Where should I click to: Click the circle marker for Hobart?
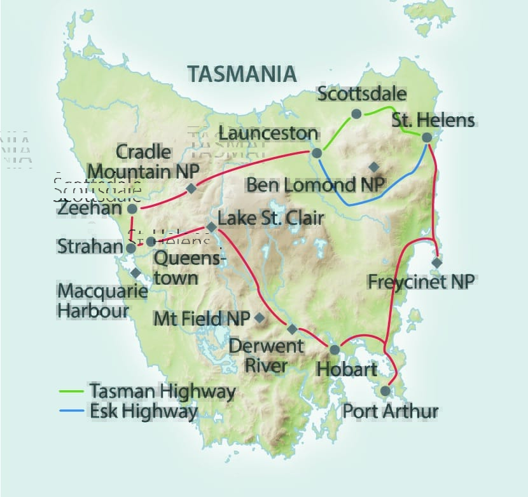click(x=334, y=350)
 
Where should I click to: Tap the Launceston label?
click(x=268, y=134)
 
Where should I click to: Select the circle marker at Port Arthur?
click(x=386, y=391)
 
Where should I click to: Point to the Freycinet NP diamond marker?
click(x=436, y=262)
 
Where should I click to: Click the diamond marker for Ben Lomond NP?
click(x=374, y=167)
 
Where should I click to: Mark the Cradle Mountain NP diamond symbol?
click(x=191, y=189)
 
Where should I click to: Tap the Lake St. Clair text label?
click(x=271, y=219)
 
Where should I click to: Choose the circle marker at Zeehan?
click(x=132, y=208)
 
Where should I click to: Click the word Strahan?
click(x=88, y=247)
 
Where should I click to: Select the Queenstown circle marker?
click(x=151, y=242)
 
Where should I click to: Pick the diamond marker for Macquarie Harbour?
click(x=135, y=272)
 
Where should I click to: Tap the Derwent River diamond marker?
click(x=292, y=329)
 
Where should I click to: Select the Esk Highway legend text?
click(x=143, y=411)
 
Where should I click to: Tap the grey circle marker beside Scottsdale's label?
click(x=356, y=114)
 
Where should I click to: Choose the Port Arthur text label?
click(x=391, y=411)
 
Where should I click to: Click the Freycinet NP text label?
click(x=421, y=282)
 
